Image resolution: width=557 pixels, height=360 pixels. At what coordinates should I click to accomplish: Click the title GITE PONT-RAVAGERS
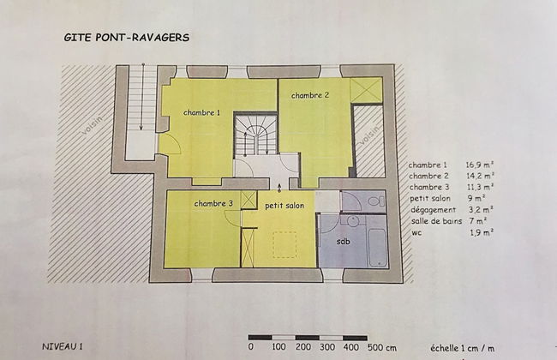pos(127,39)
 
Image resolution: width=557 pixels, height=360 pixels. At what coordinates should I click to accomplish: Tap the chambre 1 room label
pos(201,112)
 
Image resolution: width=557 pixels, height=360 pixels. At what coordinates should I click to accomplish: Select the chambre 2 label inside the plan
pos(310,95)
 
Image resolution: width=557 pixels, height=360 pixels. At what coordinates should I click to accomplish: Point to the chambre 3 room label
pos(213,203)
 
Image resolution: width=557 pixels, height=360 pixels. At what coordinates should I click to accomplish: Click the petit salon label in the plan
pos(284,206)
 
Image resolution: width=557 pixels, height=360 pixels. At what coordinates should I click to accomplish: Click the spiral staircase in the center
pos(255,137)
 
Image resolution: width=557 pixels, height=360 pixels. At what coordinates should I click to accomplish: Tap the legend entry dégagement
pos(433,209)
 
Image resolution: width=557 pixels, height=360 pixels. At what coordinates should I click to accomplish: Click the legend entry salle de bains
pos(436,221)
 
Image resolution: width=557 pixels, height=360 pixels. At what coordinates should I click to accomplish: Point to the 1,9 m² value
pos(479,232)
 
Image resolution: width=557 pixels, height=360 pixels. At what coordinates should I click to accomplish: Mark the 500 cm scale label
pos(381,348)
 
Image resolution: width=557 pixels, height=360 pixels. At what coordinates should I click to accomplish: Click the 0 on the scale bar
pos(250,348)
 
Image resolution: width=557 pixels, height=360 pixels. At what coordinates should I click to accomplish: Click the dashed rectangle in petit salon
pos(284,245)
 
